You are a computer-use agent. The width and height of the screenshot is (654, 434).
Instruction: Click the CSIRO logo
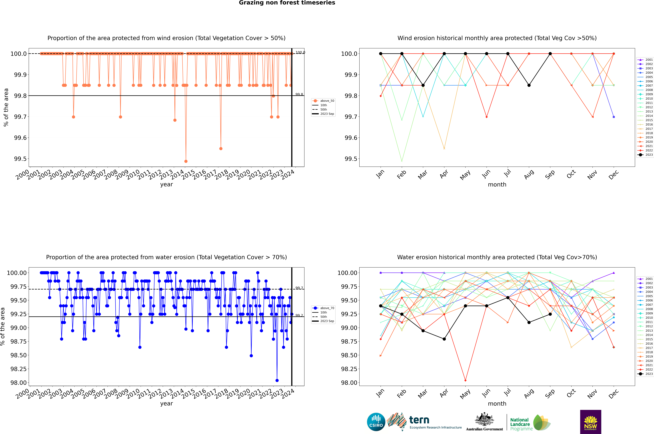tap(376, 422)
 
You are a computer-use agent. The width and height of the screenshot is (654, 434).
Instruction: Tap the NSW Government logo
tap(590, 422)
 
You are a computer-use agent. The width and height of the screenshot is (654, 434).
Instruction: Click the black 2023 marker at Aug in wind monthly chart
tap(529, 85)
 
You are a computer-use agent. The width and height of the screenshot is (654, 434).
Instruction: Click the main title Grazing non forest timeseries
tap(287, 3)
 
